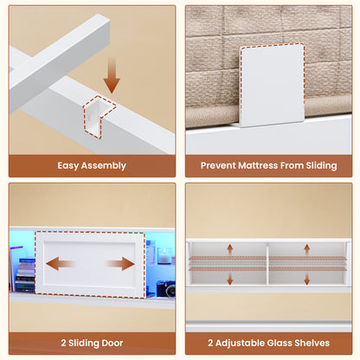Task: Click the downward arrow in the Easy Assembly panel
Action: tap(112, 75)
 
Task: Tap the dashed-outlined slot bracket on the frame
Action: tap(99, 116)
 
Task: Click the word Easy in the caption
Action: tap(68, 166)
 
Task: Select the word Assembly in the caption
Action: tap(104, 166)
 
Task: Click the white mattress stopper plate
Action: tap(272, 86)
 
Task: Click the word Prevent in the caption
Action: tap(218, 165)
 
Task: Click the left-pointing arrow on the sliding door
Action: tap(60, 264)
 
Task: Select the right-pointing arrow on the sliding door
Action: tap(120, 264)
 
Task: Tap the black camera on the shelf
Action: tap(166, 289)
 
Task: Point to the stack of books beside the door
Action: tap(25, 275)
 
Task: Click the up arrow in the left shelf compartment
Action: tap(230, 250)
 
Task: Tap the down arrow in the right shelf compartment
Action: tap(307, 279)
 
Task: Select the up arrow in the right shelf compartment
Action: tap(307, 250)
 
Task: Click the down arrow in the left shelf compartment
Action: tap(230, 279)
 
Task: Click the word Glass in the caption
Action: tap(280, 343)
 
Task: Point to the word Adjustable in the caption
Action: tap(240, 344)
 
